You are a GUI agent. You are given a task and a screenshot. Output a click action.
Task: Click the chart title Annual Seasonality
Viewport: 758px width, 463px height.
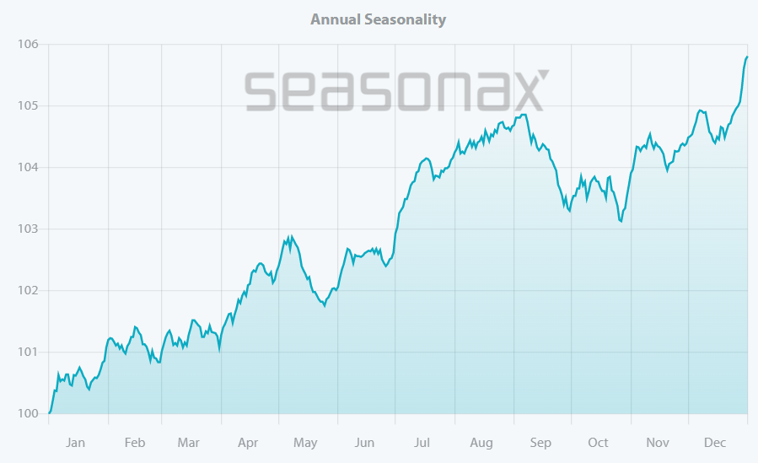pos(378,19)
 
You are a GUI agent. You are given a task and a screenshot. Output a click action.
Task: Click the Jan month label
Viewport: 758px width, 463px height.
pos(75,443)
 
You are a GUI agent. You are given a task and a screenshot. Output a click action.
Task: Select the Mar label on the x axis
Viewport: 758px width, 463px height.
pos(188,443)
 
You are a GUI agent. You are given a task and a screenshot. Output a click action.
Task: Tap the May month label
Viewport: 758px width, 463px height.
pos(305,443)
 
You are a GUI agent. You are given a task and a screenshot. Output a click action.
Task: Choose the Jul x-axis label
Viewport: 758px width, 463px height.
pos(422,443)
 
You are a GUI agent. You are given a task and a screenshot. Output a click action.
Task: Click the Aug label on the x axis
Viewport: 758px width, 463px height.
pos(481,443)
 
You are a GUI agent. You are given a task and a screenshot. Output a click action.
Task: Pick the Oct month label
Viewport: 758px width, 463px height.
pos(598,443)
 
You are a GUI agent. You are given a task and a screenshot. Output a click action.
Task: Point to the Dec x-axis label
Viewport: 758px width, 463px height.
pos(715,443)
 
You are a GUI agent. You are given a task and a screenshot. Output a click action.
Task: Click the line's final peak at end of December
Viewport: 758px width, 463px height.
pos(747,57)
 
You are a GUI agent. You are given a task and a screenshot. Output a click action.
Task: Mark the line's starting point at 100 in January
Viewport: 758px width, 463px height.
pos(49,413)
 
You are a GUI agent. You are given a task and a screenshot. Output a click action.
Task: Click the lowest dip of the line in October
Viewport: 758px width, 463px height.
pos(621,221)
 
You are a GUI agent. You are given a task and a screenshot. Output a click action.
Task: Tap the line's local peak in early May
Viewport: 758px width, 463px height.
pos(291,236)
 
